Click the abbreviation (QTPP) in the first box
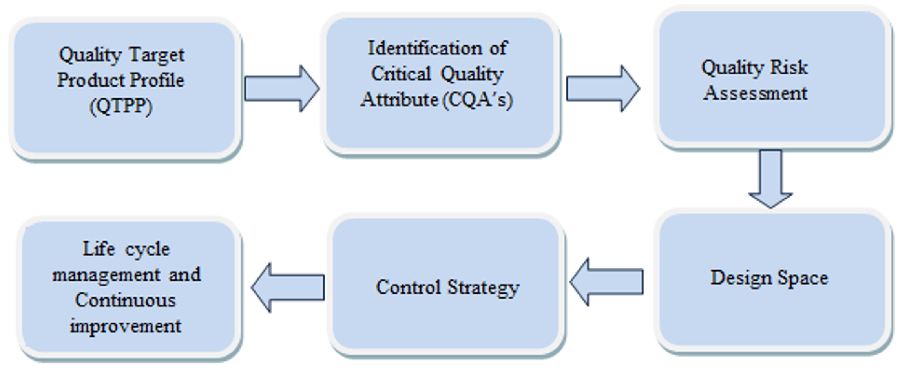121,106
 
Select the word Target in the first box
157,55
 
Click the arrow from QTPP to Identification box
281,89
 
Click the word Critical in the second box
401,74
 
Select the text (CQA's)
477,100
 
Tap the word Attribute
400,100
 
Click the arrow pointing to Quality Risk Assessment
602,89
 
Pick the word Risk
789,67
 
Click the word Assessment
755,93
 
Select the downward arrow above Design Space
770,178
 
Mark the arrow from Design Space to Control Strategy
607,282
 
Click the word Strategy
484,288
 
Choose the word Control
409,287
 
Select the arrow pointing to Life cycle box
288,287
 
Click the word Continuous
126,301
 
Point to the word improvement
126,326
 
